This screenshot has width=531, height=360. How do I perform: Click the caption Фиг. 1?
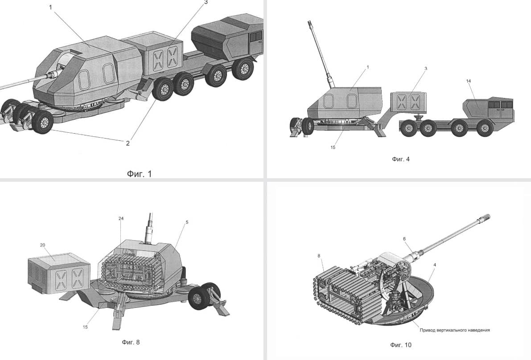(x=139, y=174)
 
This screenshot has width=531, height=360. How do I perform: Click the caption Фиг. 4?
(x=401, y=159)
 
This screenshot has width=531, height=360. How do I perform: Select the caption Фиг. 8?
(x=131, y=342)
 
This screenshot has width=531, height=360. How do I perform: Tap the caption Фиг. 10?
(x=401, y=345)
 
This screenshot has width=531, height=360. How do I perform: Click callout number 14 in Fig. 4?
(x=468, y=81)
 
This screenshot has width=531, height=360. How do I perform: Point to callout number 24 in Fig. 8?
(x=121, y=219)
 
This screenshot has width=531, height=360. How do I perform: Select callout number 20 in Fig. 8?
(x=42, y=245)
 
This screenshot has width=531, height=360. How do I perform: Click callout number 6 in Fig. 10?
(x=404, y=239)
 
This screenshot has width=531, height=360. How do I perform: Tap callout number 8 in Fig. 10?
(x=319, y=256)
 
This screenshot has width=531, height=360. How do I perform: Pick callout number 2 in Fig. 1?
(x=128, y=143)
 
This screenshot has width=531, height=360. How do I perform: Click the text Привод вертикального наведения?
(x=455, y=330)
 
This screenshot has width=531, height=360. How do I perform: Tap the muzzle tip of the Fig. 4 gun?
(x=309, y=22)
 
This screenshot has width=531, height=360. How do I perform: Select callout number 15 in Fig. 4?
(x=333, y=147)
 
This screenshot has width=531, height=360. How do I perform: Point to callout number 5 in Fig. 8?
(x=187, y=222)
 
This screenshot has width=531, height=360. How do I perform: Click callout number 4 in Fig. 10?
(x=435, y=265)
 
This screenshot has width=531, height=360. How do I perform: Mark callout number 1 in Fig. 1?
(x=51, y=7)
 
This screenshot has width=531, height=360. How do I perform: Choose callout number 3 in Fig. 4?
(x=426, y=68)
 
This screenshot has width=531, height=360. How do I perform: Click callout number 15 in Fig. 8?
(x=85, y=327)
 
